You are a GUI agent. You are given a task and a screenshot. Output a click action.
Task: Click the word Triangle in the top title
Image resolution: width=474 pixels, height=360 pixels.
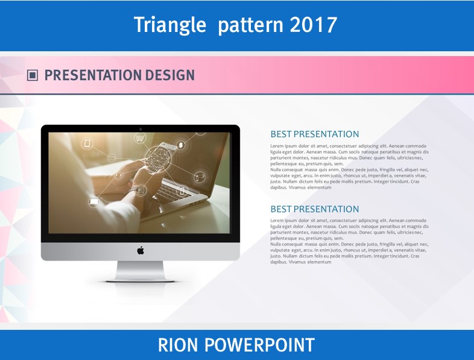pyautogui.click(x=170, y=25)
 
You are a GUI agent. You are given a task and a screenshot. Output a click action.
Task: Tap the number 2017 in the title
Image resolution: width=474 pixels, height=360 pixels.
pyautogui.click(x=313, y=25)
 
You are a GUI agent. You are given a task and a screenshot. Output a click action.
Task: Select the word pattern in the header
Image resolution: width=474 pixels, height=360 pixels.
pyautogui.click(x=251, y=25)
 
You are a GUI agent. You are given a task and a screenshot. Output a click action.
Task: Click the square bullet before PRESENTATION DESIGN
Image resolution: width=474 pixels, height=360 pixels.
pyautogui.click(x=33, y=75)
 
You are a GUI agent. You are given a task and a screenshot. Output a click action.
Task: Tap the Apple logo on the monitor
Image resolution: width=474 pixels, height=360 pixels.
pyautogui.click(x=141, y=250)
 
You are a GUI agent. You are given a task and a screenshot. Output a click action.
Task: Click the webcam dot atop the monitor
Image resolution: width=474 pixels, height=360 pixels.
pyautogui.click(x=141, y=129)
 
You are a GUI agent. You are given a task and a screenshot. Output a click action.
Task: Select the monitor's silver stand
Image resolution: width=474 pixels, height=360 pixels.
pyautogui.click(x=141, y=271)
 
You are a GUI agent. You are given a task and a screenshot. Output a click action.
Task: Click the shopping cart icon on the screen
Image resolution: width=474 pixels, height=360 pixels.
pyautogui.click(x=140, y=139)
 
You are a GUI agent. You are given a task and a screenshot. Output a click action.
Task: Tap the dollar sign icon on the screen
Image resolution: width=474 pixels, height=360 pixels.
pyautogui.click(x=181, y=145)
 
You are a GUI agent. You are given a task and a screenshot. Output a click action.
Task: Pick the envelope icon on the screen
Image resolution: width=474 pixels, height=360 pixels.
pyautogui.click(x=112, y=157)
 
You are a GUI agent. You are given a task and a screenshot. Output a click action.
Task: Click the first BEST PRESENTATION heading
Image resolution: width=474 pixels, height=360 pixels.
pyautogui.click(x=315, y=134)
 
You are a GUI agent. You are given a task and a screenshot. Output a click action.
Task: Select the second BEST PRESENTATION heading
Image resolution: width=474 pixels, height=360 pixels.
pyautogui.click(x=315, y=209)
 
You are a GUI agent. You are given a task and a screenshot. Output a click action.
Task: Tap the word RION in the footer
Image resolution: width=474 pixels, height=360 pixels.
pyautogui.click(x=178, y=345)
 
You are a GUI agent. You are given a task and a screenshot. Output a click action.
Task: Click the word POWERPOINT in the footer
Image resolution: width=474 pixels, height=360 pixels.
pyautogui.click(x=260, y=345)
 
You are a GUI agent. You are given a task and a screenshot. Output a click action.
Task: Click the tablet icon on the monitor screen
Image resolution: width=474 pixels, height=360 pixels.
pyautogui.click(x=87, y=144)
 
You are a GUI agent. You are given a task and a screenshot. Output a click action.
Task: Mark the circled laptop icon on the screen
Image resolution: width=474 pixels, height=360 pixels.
pyautogui.click(x=93, y=202)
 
